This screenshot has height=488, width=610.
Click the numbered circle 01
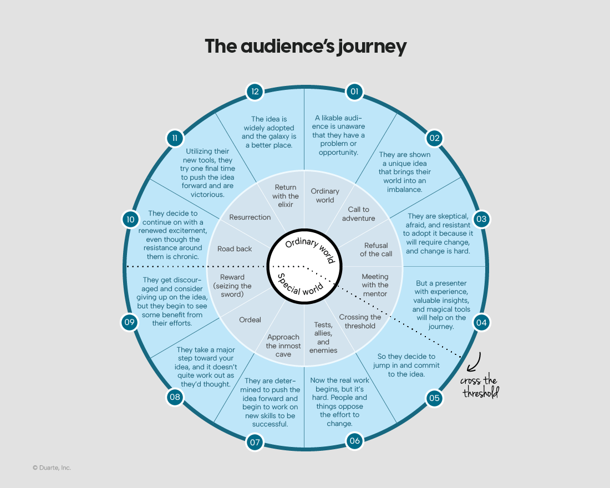click(354, 91)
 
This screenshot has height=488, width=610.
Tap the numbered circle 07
click(255, 442)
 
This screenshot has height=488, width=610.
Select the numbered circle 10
click(130, 219)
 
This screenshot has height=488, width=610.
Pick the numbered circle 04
click(480, 323)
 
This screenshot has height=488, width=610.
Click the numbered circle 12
click(255, 91)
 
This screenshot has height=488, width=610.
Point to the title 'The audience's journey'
click(306, 46)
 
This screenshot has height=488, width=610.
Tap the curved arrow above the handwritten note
click(473, 362)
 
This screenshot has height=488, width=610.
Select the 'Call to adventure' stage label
click(358, 213)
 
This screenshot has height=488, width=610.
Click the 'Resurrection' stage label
click(250, 217)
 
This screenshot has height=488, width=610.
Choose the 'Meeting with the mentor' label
click(375, 284)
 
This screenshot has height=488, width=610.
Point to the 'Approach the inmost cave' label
click(283, 345)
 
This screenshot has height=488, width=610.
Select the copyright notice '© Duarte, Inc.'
click(52, 467)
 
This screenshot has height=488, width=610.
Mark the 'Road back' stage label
click(235, 249)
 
